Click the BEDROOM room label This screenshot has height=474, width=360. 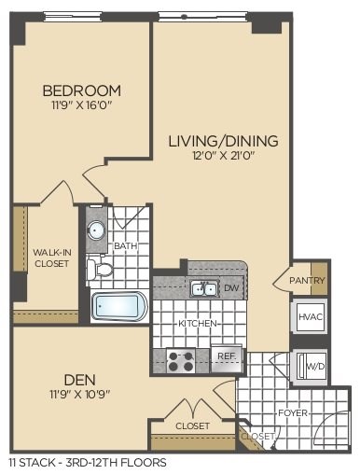(x=82, y=91)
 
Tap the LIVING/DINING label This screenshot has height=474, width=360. (x=223, y=141)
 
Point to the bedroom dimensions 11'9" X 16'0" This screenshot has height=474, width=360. (x=82, y=106)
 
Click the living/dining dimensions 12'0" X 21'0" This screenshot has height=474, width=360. (x=223, y=157)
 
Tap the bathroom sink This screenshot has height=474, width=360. (x=96, y=230)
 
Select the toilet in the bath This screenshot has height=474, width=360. (x=102, y=270)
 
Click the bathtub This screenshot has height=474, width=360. (x=118, y=306)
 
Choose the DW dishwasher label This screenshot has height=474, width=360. (x=232, y=288)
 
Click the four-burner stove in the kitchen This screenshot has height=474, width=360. (x=180, y=358)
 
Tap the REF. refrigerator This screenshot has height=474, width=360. (x=225, y=355)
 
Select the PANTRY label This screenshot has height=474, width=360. (x=309, y=280)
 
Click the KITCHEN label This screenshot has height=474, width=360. (x=197, y=323)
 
